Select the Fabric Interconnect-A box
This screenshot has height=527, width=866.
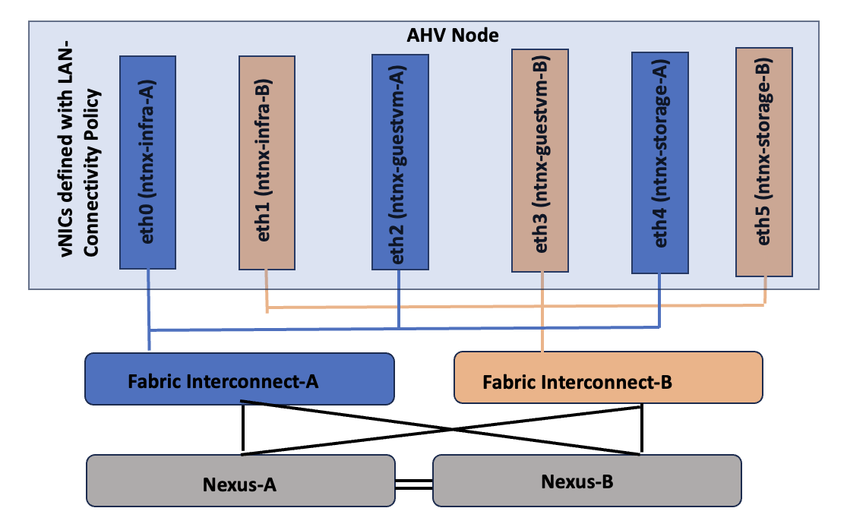click(x=239, y=378)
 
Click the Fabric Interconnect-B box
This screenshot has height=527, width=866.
click(x=608, y=378)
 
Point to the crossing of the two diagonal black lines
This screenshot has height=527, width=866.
click(x=454, y=430)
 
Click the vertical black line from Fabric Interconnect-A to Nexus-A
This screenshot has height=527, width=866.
click(x=242, y=429)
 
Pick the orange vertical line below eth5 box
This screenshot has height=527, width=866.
click(x=764, y=290)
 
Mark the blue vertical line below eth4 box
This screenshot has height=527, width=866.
click(x=659, y=300)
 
